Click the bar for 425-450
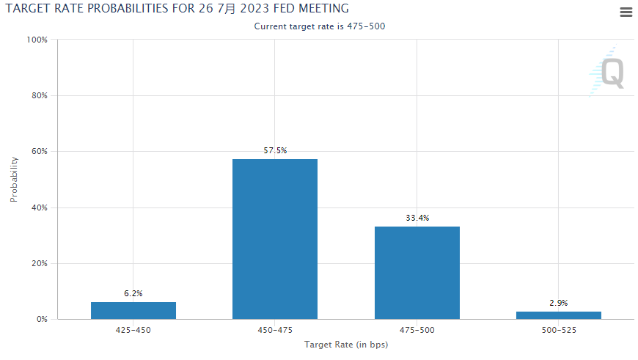click(133, 310)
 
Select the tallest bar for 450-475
click(275, 239)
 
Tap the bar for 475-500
click(417, 273)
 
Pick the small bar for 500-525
click(558, 315)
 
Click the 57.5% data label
click(275, 150)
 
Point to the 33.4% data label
click(417, 218)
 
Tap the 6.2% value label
click(133, 293)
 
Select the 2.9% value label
click(558, 303)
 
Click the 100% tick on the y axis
click(37, 40)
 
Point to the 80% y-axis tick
click(38, 95)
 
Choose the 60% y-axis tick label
click(38, 152)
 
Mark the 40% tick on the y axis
click(38, 207)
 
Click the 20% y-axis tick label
click(38, 263)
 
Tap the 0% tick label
click(41, 320)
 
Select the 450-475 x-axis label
click(275, 331)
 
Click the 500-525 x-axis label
click(558, 331)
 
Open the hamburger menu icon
click(626, 12)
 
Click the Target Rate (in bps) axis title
click(345, 345)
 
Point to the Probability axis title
click(13, 179)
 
